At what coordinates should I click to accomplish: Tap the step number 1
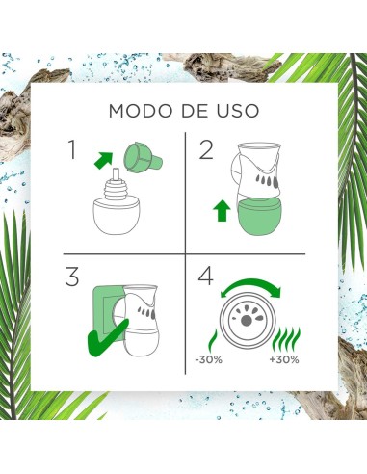pos(72,149)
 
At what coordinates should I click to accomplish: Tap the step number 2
pos(206,149)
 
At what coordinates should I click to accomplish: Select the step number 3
pos(72,276)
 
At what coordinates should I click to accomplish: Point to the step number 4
pos(205,276)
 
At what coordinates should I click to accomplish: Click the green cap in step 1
pos(143,157)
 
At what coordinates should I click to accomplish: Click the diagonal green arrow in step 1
pos(103,160)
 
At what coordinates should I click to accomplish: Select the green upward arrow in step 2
pos(222,210)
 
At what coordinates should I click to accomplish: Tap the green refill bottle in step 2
pos(259,216)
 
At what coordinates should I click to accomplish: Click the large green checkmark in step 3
pos(108,338)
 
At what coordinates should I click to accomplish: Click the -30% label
pos(209,359)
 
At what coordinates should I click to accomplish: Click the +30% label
pos(284,359)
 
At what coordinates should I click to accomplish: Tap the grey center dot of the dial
pos(247,320)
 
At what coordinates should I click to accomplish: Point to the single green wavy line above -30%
pos(213,341)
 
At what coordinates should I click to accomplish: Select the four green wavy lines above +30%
pos(286,340)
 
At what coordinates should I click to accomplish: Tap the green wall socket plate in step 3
pos(108,312)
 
